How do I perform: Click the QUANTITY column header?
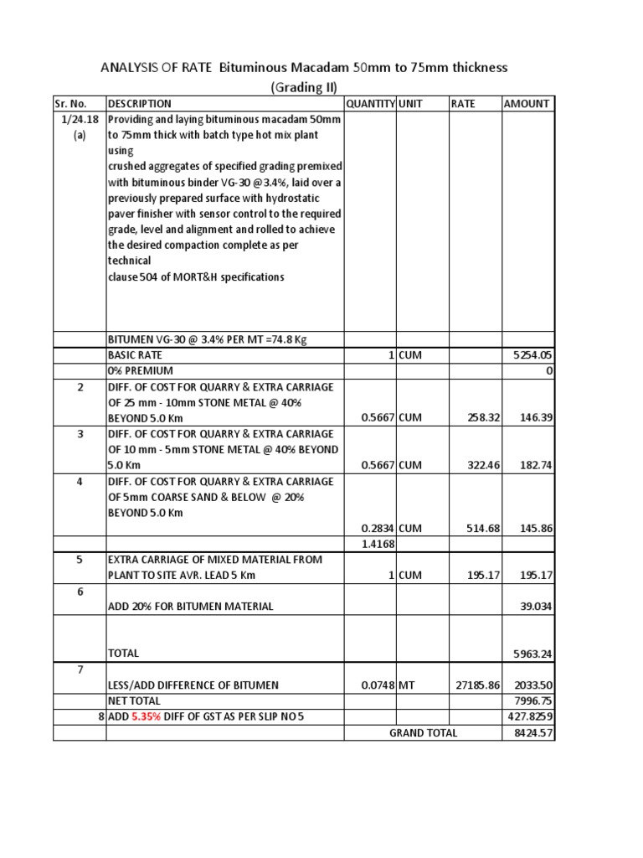tap(370, 104)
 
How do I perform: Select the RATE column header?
tap(463, 104)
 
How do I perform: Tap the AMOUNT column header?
tap(526, 104)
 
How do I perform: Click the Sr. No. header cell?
tap(71, 104)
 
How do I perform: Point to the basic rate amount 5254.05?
tap(532, 354)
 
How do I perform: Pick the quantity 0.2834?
tap(378, 528)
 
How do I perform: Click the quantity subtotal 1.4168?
tap(378, 544)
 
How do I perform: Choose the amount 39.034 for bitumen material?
tap(535, 606)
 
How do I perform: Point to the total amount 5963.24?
tap(532, 654)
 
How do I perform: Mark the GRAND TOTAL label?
tap(424, 732)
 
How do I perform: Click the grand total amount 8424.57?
tap(532, 732)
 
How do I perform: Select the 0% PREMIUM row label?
tap(141, 370)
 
